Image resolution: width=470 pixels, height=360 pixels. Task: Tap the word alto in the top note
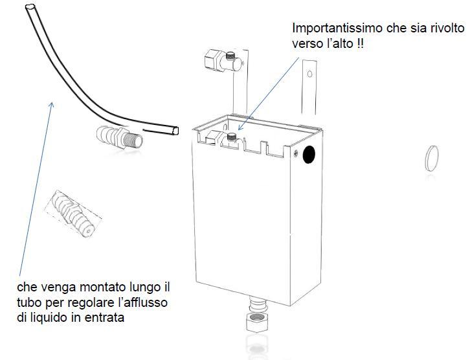[342, 44]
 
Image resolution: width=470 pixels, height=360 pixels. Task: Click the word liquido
[49, 317]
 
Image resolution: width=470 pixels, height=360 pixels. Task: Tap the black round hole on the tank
[309, 155]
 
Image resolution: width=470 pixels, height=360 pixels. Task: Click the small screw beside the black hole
[296, 153]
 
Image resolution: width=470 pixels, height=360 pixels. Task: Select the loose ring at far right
[432, 158]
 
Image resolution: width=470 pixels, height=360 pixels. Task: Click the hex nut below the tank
[257, 322]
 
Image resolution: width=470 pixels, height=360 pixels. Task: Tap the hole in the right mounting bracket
[309, 74]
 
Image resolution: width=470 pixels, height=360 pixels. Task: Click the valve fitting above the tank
[223, 60]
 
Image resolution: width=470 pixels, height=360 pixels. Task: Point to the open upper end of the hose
[30, 7]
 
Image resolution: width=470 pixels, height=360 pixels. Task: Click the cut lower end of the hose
[175, 131]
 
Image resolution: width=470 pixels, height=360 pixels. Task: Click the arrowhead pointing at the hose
[52, 105]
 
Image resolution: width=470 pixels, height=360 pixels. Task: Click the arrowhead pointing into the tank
[240, 128]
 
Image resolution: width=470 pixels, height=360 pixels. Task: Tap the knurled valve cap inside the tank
[231, 137]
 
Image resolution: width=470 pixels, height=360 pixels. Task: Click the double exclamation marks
[360, 44]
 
